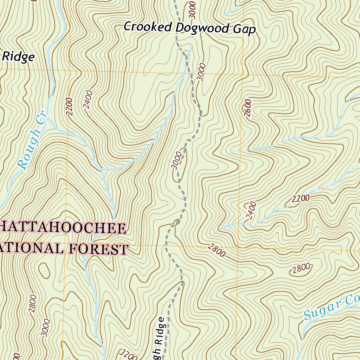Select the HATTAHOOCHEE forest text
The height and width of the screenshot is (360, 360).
pos(63,228)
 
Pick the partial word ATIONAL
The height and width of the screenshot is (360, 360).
pos(32,248)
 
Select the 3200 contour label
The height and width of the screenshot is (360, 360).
pos(128,354)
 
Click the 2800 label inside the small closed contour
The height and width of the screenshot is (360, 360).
pos(301,269)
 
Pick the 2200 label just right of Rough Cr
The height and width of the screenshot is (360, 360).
pos(69,105)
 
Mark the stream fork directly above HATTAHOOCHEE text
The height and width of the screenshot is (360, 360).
pos(102,169)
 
